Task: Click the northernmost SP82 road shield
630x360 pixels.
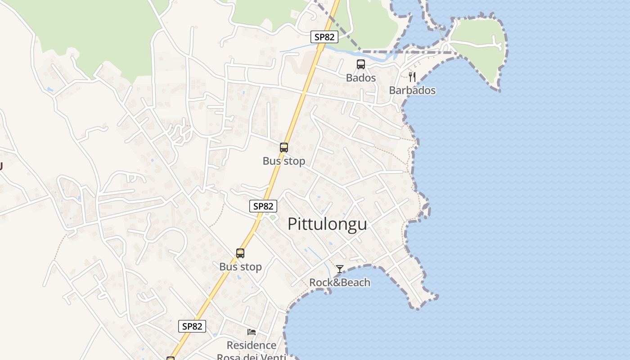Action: pyautogui.click(x=324, y=37)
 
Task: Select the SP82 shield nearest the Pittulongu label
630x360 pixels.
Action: pyautogui.click(x=263, y=206)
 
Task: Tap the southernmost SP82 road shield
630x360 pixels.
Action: pyautogui.click(x=192, y=326)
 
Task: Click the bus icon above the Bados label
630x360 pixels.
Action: pyautogui.click(x=361, y=64)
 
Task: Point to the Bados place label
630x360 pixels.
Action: pyautogui.click(x=361, y=78)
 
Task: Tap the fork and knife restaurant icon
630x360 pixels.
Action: pyautogui.click(x=412, y=76)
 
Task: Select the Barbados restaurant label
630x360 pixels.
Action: pyautogui.click(x=412, y=90)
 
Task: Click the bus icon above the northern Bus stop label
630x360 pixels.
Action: pyautogui.click(x=284, y=147)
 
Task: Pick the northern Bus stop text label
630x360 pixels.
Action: pyautogui.click(x=284, y=161)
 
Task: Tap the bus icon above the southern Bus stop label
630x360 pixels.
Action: pyautogui.click(x=240, y=253)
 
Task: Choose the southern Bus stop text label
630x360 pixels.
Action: pyautogui.click(x=240, y=267)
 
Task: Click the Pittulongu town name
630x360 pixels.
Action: pyautogui.click(x=327, y=224)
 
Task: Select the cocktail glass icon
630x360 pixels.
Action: pyautogui.click(x=340, y=269)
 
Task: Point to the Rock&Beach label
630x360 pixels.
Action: pyautogui.click(x=340, y=283)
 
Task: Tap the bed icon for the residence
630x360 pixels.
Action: pyautogui.click(x=252, y=332)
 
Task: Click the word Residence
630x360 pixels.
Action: pyautogui.click(x=252, y=345)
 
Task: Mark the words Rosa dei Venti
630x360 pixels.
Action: pyautogui.click(x=252, y=357)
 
